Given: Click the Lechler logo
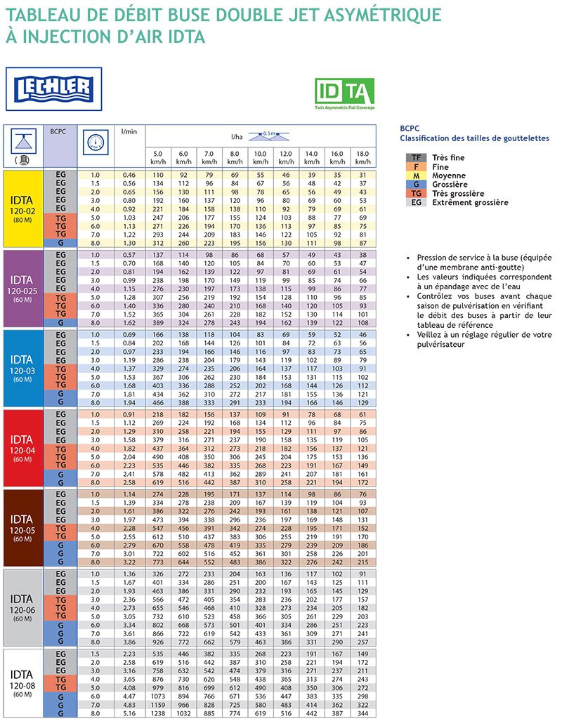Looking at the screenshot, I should coord(54,89).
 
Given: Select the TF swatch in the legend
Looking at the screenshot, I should coord(417,158).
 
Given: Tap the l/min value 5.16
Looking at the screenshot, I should coord(129,713).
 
